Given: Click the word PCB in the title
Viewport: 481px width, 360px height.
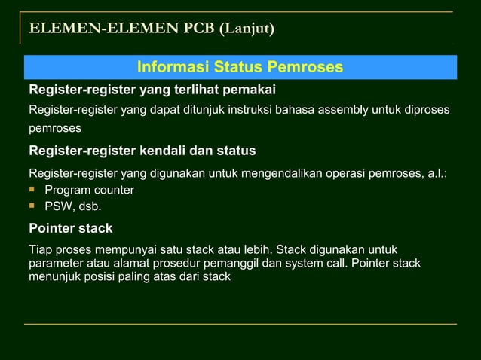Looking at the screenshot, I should click(201, 29).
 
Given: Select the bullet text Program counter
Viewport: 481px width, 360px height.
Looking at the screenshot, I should click(89, 190).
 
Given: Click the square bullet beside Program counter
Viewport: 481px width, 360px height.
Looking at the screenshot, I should click(33, 189).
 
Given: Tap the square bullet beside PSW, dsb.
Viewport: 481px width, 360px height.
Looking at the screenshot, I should click(33, 205).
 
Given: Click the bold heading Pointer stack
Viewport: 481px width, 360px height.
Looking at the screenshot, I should click(70, 227).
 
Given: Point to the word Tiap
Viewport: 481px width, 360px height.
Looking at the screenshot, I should click(40, 249).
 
